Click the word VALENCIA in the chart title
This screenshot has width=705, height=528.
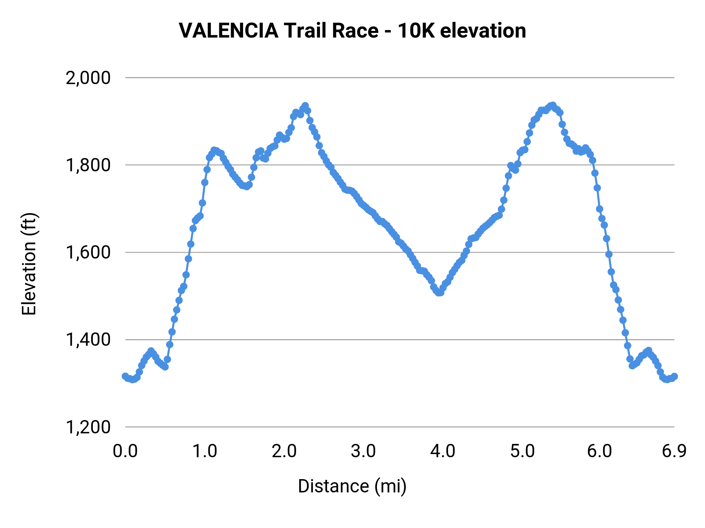coord(228,31)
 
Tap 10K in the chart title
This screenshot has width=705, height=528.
coord(416,31)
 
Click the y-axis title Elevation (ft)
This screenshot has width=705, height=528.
coord(29,264)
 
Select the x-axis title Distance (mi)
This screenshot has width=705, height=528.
coord(352,486)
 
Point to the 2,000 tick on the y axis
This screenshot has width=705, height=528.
coord(88,78)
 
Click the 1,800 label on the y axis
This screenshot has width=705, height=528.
coord(88,165)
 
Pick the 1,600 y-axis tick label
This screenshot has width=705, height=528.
coord(88,252)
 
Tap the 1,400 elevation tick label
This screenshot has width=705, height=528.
coord(88,339)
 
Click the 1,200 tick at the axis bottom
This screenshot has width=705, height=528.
coord(88,427)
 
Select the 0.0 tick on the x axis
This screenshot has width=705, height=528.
coord(125,451)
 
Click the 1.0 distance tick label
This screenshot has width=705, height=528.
coord(204,451)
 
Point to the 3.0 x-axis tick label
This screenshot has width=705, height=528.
coord(363,451)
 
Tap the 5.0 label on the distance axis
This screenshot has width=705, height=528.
coord(522,451)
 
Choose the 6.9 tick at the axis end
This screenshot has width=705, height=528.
coord(674,451)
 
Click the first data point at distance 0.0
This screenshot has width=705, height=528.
coord(125,376)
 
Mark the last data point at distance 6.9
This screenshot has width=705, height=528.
coord(674,376)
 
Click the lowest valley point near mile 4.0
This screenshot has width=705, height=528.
coord(439,293)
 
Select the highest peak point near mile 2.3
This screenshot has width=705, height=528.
coord(305,106)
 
